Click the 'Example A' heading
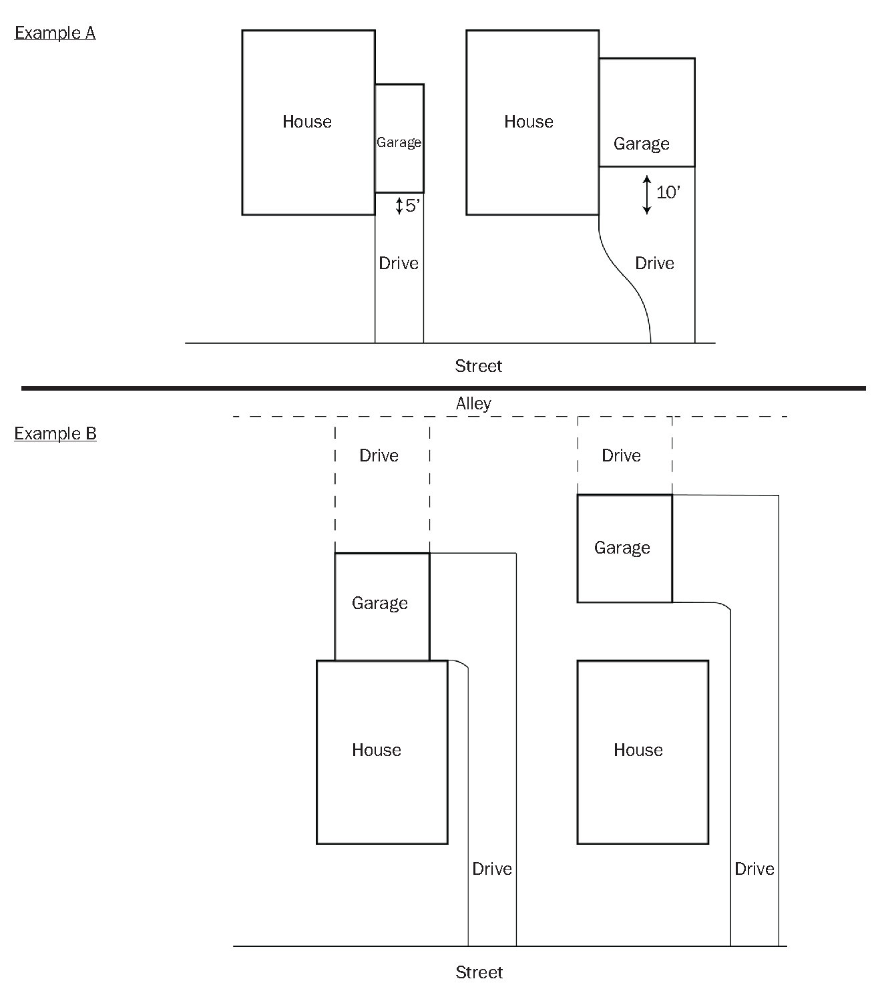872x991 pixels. [x=55, y=33]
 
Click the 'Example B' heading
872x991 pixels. [x=55, y=433]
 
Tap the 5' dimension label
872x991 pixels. [x=412, y=206]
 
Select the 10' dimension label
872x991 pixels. [x=668, y=192]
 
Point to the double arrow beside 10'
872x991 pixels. [x=646, y=194]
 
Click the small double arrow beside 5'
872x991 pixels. [x=399, y=206]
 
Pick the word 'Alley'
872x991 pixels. [x=473, y=403]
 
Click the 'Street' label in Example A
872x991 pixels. [x=478, y=366]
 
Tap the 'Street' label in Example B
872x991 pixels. [x=479, y=972]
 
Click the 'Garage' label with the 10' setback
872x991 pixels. [x=641, y=144]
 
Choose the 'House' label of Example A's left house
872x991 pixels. [x=307, y=122]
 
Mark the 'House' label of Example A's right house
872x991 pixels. [x=529, y=122]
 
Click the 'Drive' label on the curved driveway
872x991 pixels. [x=654, y=263]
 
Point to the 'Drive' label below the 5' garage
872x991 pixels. [x=399, y=263]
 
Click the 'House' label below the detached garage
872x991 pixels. [x=638, y=750]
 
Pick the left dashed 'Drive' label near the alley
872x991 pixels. [x=379, y=455]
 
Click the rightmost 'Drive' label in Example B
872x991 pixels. [x=754, y=869]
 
